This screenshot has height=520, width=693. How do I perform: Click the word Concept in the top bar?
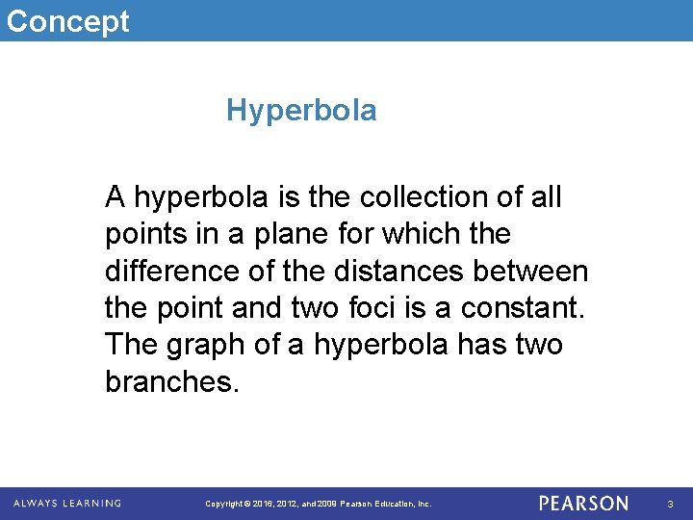(67, 20)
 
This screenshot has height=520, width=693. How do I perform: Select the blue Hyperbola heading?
(301, 112)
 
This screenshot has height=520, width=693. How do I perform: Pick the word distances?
(405, 271)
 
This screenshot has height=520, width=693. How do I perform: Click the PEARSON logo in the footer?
(583, 504)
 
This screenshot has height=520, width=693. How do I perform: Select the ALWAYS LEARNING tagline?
(67, 503)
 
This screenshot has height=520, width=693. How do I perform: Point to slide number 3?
(671, 504)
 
